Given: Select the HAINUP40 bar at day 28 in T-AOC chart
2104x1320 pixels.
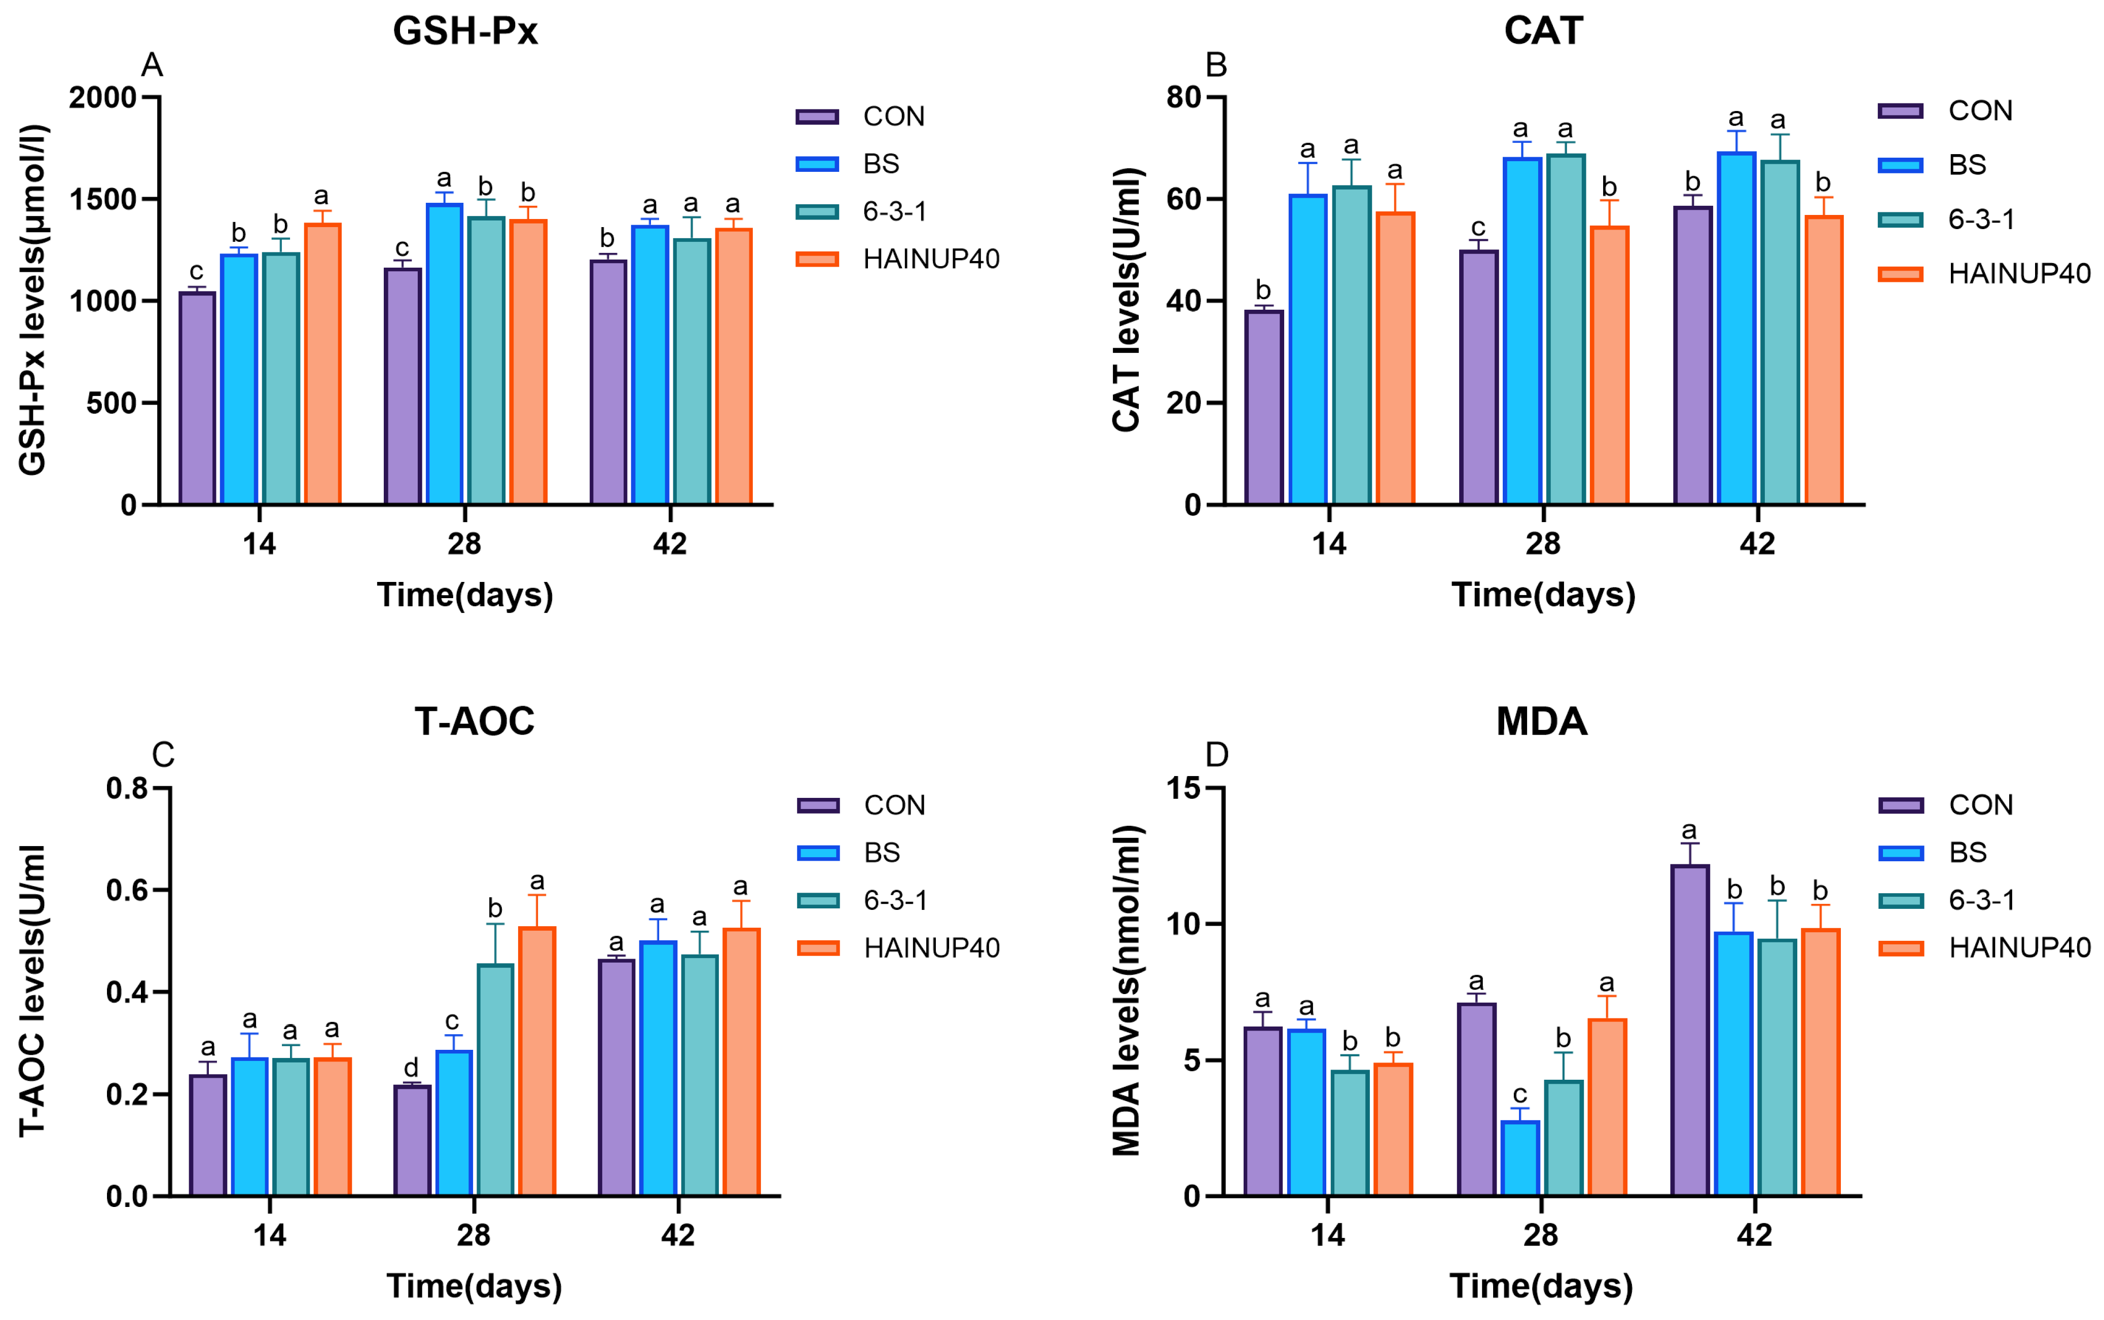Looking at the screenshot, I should pyautogui.click(x=537, y=1060).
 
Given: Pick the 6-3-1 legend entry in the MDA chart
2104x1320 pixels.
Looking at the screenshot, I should pyautogui.click(x=1982, y=900).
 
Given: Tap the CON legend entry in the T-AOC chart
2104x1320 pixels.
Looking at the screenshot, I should pyautogui.click(x=894, y=805).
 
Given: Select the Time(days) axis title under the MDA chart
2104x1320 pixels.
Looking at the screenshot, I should pyautogui.click(x=1541, y=1286).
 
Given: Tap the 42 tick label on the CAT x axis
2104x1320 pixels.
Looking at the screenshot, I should pyautogui.click(x=1757, y=544).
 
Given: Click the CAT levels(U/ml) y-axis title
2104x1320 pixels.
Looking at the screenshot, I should pyautogui.click(x=1126, y=300).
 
